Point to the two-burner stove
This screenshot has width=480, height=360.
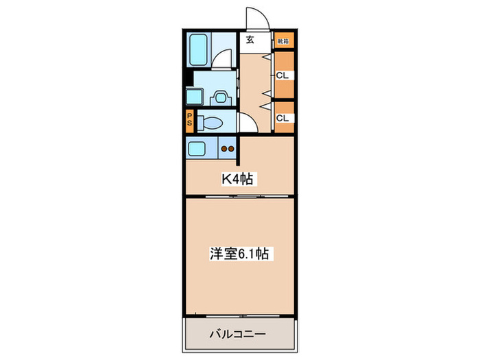pos(227,147)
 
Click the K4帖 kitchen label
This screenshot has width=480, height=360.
pos(237,180)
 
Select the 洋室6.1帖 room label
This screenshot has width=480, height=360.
pos(239,254)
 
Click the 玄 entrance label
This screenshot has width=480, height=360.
pos(250,40)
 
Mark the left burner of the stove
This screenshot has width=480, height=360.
pos(224,147)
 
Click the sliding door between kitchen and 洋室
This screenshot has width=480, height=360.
pos(239,196)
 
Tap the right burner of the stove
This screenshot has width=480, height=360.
pos(232,147)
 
